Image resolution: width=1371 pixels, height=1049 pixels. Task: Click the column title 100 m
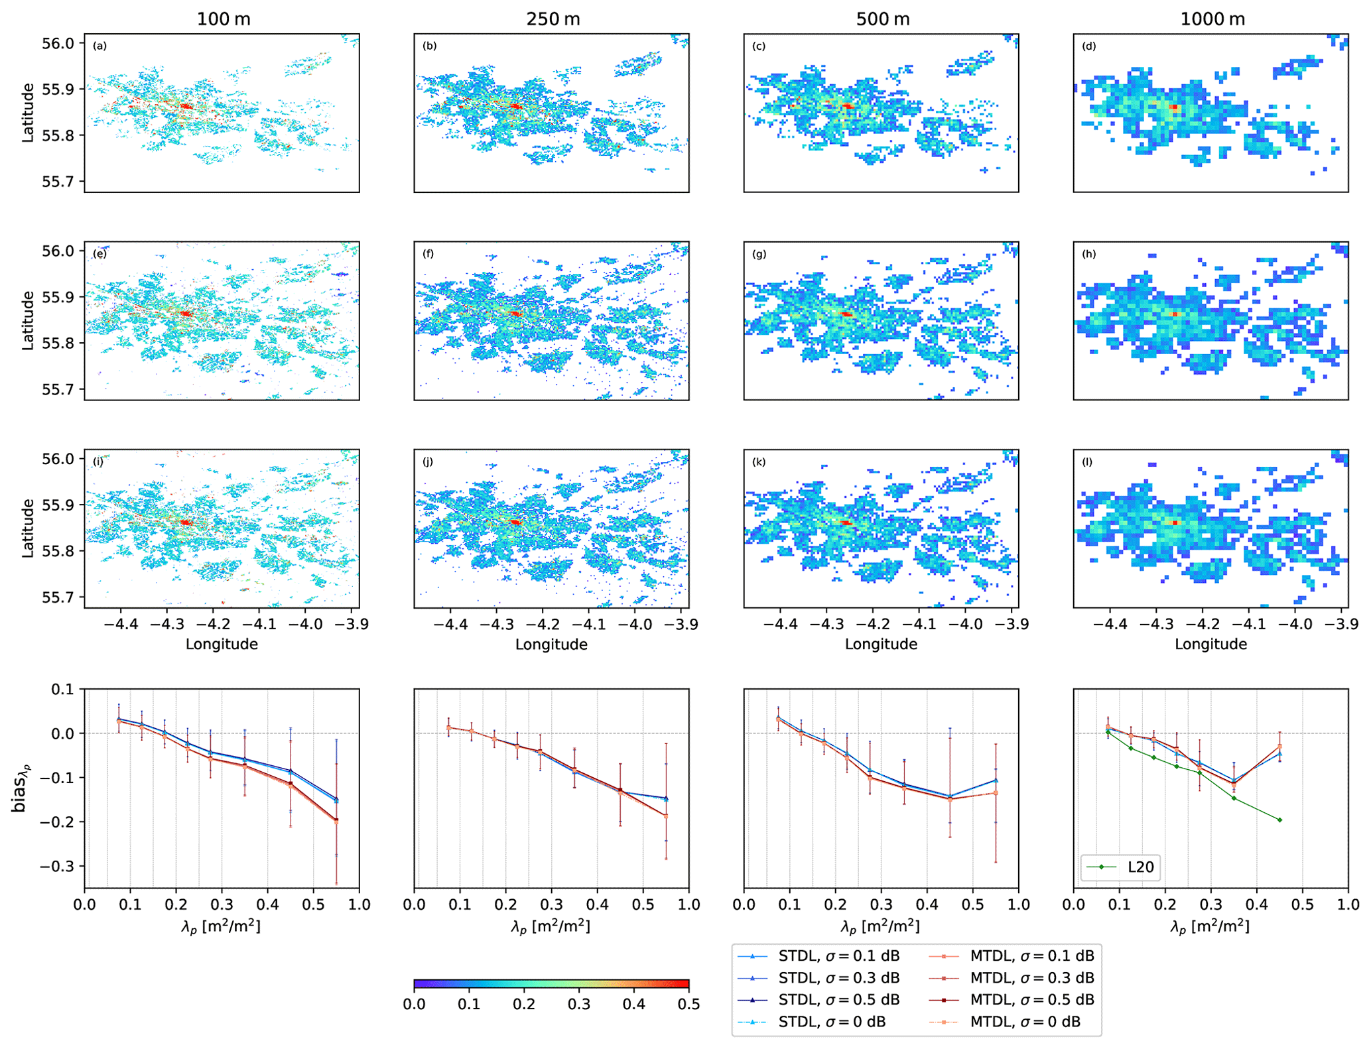point(223,19)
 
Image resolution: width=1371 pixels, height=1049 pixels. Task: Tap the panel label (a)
point(99,46)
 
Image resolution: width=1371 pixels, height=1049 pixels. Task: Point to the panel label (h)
point(1088,254)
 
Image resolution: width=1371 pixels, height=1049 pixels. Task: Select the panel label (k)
point(759,462)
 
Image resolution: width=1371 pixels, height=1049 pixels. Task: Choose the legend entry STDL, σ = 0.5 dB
point(838,999)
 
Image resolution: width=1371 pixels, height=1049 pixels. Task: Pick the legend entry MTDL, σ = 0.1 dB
point(1031,956)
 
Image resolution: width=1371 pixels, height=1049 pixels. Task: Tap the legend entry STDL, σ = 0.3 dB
point(838,977)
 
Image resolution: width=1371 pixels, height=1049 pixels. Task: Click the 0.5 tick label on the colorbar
point(688,1004)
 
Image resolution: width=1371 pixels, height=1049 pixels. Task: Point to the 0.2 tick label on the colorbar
point(524,1004)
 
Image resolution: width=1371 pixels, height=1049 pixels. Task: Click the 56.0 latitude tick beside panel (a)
point(59,44)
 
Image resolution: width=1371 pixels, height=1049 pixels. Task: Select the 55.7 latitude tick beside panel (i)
point(59,597)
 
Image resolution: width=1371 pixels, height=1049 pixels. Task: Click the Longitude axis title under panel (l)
point(1210,644)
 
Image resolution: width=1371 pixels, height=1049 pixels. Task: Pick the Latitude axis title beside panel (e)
point(27,320)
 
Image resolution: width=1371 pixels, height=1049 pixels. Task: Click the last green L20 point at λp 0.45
point(1279,820)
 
